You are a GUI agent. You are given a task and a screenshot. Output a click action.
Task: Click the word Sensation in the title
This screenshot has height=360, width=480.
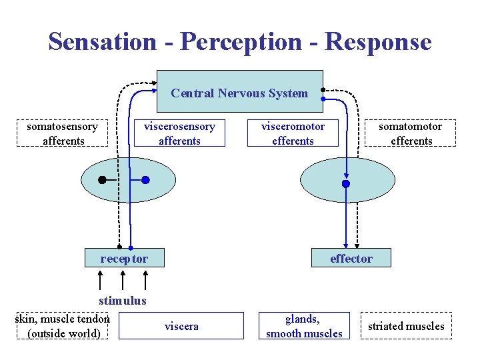(101, 41)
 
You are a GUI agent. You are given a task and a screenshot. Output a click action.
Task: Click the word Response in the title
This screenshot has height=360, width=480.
(378, 41)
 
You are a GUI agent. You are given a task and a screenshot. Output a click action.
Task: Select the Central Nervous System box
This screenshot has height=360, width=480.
(239, 92)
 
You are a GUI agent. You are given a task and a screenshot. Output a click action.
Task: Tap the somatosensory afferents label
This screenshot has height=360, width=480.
(63, 133)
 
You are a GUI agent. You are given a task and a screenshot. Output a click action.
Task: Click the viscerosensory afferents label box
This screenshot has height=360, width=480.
(179, 133)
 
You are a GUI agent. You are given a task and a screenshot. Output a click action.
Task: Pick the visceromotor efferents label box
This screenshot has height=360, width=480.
(293, 133)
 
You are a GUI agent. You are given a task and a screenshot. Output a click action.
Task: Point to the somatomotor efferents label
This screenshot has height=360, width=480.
(411, 133)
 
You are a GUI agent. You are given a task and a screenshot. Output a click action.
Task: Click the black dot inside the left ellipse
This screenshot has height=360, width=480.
(102, 180)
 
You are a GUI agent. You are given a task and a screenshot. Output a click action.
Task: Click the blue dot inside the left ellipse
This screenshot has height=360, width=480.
(145, 180)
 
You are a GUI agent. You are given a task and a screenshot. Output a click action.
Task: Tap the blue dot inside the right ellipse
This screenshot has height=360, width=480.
(345, 184)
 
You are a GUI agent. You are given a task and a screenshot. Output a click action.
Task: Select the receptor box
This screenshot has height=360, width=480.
(124, 258)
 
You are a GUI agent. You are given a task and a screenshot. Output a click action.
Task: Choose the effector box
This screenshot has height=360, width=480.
(351, 258)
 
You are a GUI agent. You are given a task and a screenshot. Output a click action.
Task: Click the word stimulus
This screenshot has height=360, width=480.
(122, 301)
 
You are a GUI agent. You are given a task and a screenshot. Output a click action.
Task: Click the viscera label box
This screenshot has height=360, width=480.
(181, 326)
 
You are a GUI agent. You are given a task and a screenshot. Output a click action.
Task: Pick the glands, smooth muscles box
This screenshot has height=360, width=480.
(304, 326)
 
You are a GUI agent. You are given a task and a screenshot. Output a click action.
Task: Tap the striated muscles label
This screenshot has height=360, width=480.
(406, 326)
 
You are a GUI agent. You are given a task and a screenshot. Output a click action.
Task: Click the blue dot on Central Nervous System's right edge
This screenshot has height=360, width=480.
(323, 99)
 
